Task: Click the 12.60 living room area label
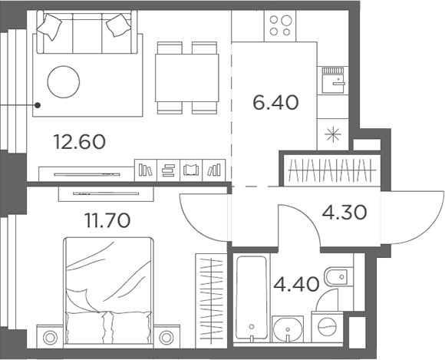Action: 79,141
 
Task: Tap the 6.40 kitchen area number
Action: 275,101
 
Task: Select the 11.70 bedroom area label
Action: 106,222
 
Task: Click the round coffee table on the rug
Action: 64,80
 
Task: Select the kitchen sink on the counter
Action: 333,78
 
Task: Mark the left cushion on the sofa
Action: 51,27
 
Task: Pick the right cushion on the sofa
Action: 119,27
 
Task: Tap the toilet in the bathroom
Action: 335,277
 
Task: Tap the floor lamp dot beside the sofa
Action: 36,104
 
